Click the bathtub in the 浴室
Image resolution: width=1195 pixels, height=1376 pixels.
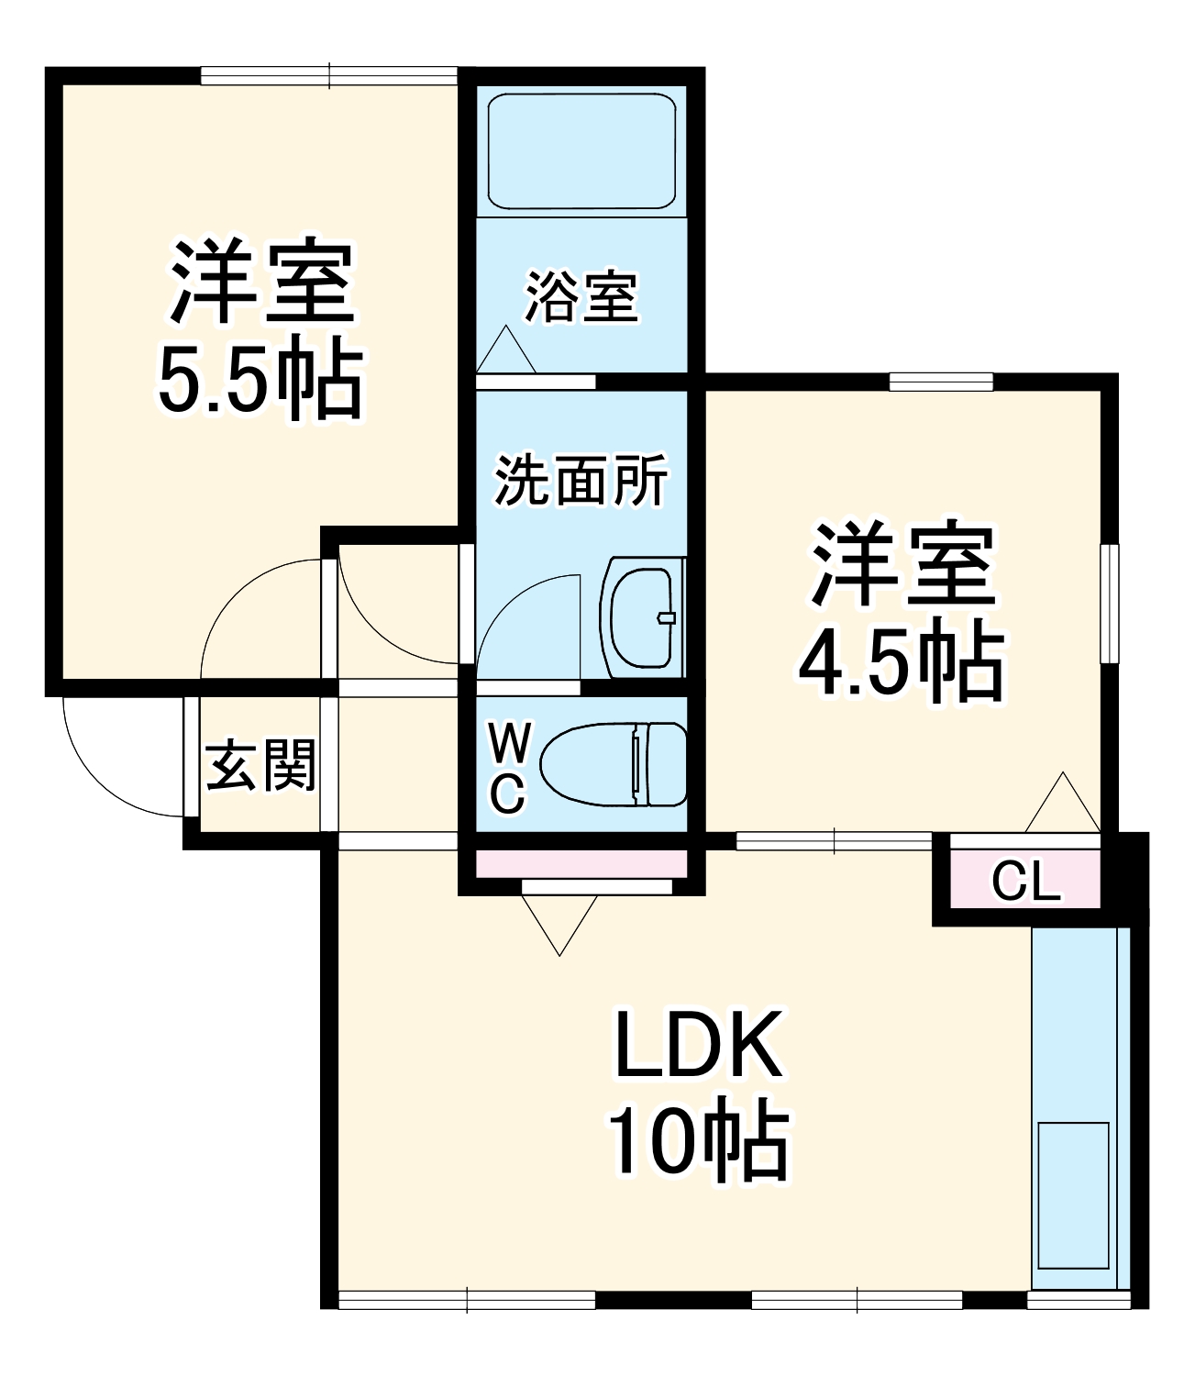(x=581, y=151)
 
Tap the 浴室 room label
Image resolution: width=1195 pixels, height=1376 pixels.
(x=581, y=296)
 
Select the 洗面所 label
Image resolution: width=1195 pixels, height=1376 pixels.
(x=581, y=479)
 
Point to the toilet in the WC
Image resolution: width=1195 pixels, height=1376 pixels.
(x=614, y=764)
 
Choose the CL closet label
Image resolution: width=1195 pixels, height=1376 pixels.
(x=1026, y=882)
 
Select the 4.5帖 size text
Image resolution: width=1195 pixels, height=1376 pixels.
(x=900, y=662)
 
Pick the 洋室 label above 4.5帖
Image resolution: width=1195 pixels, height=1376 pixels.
(x=902, y=564)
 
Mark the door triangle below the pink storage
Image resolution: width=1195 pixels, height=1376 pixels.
(x=559, y=920)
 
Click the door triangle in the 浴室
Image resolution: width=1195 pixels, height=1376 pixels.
(x=505, y=351)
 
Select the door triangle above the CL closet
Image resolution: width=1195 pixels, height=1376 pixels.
(x=1062, y=805)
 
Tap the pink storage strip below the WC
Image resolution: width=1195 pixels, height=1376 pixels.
(x=581, y=863)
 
